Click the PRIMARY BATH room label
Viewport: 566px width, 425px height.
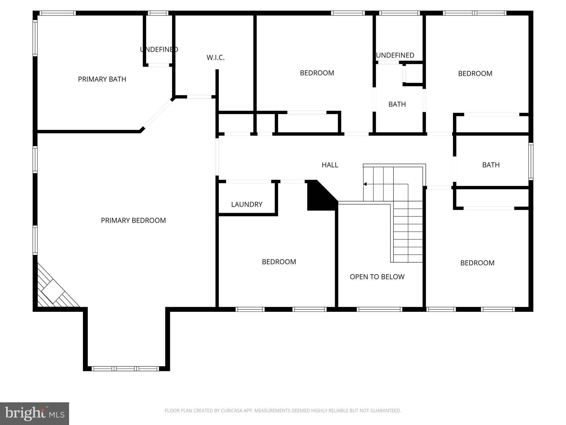[x=102, y=79]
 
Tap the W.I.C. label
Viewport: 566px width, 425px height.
[x=216, y=58]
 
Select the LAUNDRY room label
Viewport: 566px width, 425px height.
[x=247, y=204]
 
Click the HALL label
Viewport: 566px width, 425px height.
[x=330, y=165]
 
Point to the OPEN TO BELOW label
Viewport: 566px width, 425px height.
[x=377, y=277]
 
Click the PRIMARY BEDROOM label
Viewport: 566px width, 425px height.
[x=133, y=221]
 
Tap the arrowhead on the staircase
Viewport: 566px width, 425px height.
[x=365, y=184]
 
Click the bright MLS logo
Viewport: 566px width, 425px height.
[x=34, y=413]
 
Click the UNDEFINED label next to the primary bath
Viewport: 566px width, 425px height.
[x=159, y=50]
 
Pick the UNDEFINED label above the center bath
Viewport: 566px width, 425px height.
[x=395, y=55]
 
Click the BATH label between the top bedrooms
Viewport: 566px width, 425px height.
[x=397, y=104]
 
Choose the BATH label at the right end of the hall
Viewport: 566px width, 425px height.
[x=491, y=165]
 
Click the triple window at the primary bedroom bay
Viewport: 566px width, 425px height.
[x=125, y=369]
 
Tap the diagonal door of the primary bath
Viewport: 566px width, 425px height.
[x=158, y=114]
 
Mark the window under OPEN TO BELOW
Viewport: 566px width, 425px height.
[x=379, y=309]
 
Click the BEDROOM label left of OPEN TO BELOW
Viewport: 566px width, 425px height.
[x=279, y=262]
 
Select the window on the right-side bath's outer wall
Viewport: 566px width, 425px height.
[x=531, y=161]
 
